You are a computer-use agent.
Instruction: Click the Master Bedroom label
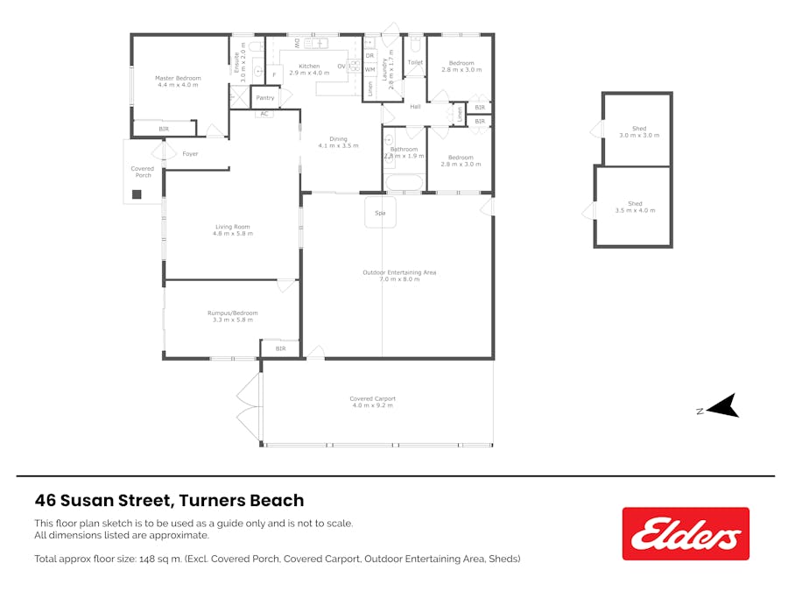tap(178, 78)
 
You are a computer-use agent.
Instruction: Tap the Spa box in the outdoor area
tap(380, 213)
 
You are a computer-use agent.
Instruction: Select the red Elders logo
tap(686, 533)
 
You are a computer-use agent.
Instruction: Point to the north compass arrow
tap(722, 407)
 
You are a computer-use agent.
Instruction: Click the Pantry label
tap(264, 98)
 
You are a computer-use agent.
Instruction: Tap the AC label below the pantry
tap(264, 114)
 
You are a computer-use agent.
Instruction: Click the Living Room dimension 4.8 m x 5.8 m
tap(233, 234)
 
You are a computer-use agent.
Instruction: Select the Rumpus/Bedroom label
tap(232, 313)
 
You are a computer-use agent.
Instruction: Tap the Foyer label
tap(190, 154)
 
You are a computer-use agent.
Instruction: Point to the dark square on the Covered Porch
tap(137, 194)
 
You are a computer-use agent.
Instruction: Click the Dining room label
tap(338, 138)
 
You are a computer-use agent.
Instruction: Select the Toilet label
tap(415, 63)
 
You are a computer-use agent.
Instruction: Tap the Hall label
tap(415, 107)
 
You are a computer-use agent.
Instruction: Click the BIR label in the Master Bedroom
tap(164, 130)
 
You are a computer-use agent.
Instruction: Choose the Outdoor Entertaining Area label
tap(399, 272)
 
